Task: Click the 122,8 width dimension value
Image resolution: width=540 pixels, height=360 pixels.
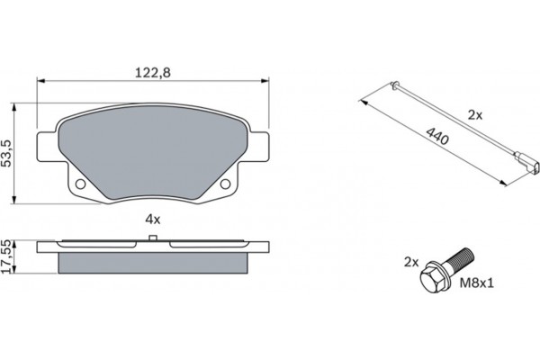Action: [x=151, y=73]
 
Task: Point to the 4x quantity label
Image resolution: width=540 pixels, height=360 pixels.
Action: [x=152, y=219]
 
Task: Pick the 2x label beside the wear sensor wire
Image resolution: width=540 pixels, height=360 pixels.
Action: [x=476, y=115]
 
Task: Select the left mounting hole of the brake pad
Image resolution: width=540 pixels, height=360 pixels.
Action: [x=78, y=185]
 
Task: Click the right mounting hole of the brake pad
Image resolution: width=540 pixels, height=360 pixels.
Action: [x=226, y=185]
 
